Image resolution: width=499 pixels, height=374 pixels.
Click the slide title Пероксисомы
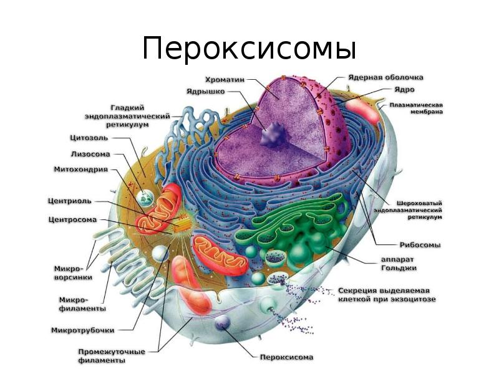(249, 49)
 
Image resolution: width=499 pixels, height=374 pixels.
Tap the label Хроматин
(225, 79)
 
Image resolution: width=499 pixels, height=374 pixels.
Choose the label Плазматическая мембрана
(416, 108)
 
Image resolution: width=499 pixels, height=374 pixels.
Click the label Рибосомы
(420, 245)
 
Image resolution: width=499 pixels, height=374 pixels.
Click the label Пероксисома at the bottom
(286, 357)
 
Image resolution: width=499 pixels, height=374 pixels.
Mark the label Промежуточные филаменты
(110, 355)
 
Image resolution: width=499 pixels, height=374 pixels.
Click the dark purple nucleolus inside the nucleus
(273, 135)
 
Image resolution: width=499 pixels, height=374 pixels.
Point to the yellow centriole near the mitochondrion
(184, 221)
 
